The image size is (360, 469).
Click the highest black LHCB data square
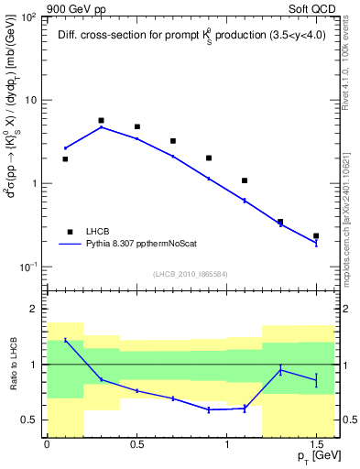(x=101, y=120)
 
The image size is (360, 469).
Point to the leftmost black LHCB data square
(x=65, y=158)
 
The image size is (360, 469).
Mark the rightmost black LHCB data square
(x=316, y=236)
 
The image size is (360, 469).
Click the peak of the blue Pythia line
(x=101, y=127)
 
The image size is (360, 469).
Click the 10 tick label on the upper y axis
(x=34, y=100)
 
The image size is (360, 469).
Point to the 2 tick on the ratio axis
(x=38, y=310)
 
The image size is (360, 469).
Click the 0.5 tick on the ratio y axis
(x=32, y=420)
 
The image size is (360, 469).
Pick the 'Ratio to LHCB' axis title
(x=12, y=377)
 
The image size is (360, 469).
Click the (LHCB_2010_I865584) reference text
(x=191, y=275)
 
